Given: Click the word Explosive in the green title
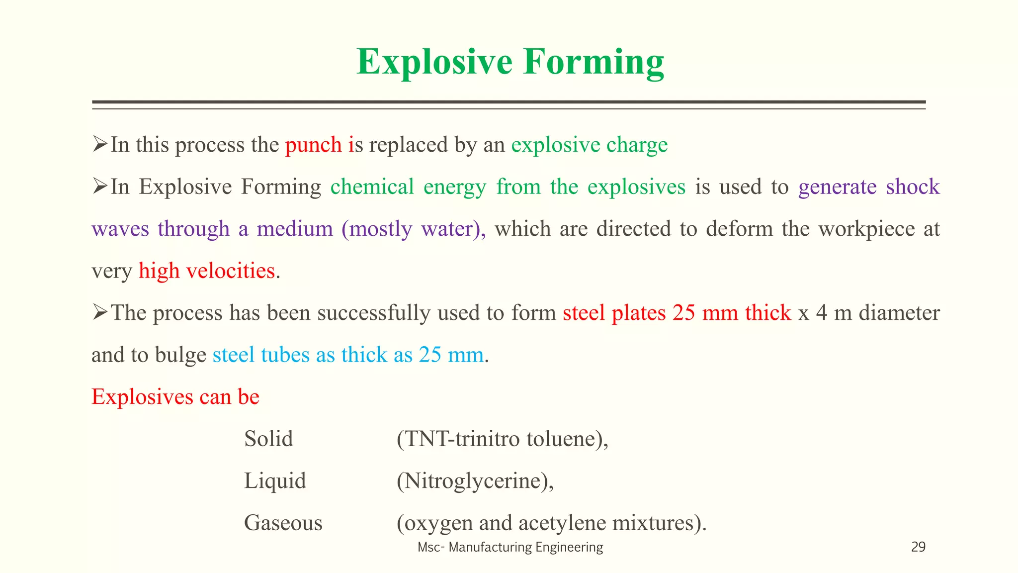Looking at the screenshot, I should (434, 62).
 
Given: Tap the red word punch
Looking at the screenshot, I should (313, 145).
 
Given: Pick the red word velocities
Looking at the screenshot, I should (230, 271).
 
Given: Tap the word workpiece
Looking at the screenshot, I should (866, 229).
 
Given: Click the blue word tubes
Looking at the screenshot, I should (285, 355).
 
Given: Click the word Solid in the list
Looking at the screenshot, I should (268, 439).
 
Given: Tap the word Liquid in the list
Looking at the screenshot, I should (275, 481).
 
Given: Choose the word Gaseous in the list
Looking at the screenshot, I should (283, 523).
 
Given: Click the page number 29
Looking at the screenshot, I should (918, 547).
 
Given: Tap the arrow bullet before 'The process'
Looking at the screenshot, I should (100, 313).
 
